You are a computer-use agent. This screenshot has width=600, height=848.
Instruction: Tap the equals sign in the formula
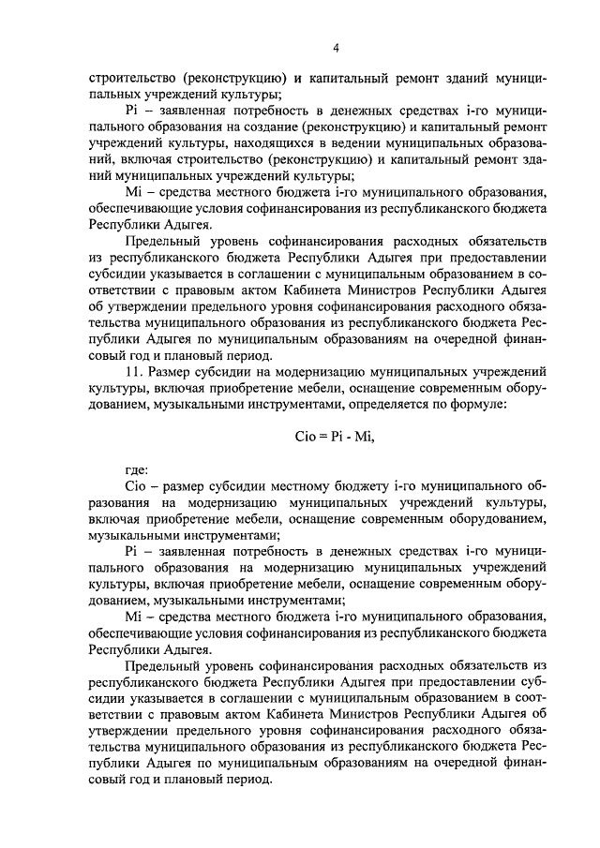coord(323,436)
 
